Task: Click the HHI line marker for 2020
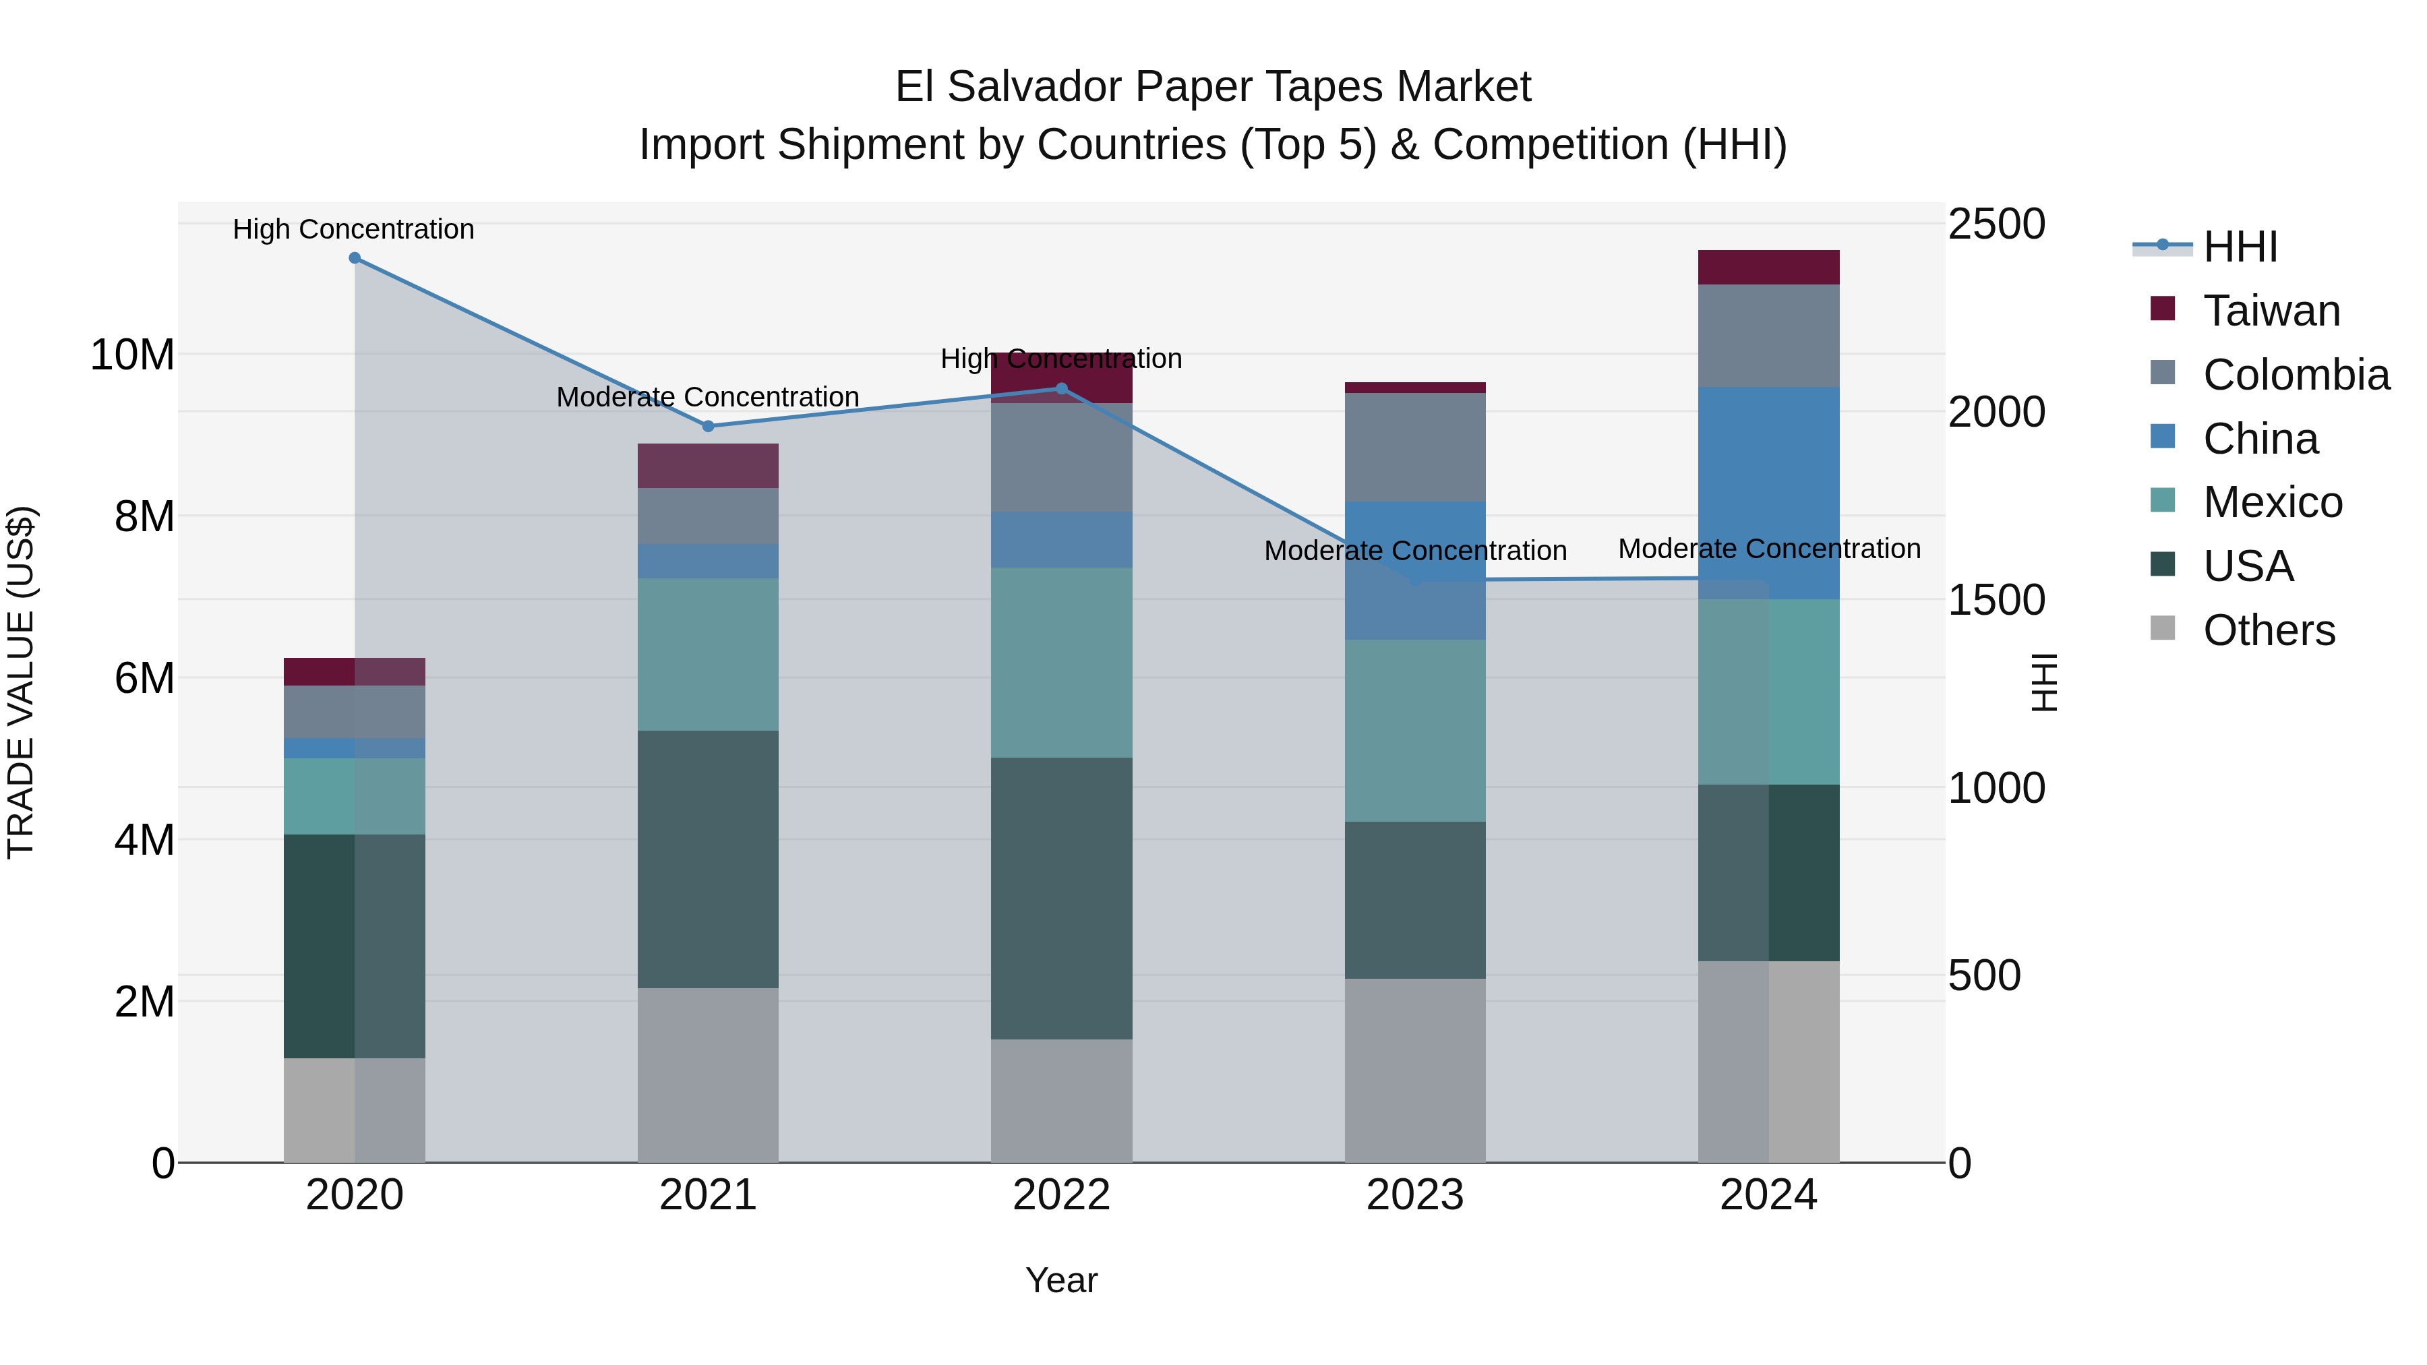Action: tap(354, 258)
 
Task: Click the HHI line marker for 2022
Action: tap(1061, 389)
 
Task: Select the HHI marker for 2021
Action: tap(709, 426)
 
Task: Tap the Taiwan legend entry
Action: tap(2271, 311)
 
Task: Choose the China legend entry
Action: tap(2259, 439)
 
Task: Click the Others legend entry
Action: tap(2268, 630)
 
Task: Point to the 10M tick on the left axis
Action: tap(132, 355)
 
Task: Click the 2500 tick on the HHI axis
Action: tap(1996, 224)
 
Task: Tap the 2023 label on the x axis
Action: tap(1414, 1195)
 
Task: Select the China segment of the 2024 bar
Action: tap(1768, 493)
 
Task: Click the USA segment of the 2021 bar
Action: tap(709, 859)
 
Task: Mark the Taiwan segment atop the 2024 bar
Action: tap(1768, 268)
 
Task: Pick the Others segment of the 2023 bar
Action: tap(1414, 1070)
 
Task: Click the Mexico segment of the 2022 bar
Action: tap(1061, 662)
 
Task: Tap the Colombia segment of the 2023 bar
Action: tap(1414, 448)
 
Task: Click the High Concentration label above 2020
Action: tap(353, 230)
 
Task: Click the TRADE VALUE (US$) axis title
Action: tap(21, 682)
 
